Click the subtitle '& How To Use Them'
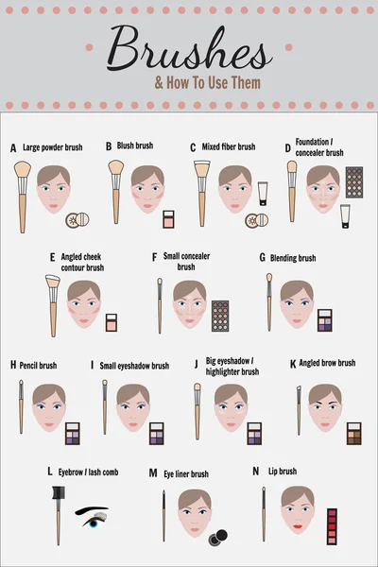pos(209,83)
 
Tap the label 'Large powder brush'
pos(53,147)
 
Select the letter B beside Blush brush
pos(109,146)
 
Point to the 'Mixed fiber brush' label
pos(228,147)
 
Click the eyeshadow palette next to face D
pos(354,181)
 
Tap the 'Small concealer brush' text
pos(186,261)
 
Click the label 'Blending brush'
pos(294,257)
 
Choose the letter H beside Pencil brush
pos(13,365)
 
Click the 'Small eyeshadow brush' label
pos(134,366)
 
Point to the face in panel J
pos(231,407)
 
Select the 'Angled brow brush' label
pos(327,363)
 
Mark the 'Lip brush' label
pos(283,472)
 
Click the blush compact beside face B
pos(168,219)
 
